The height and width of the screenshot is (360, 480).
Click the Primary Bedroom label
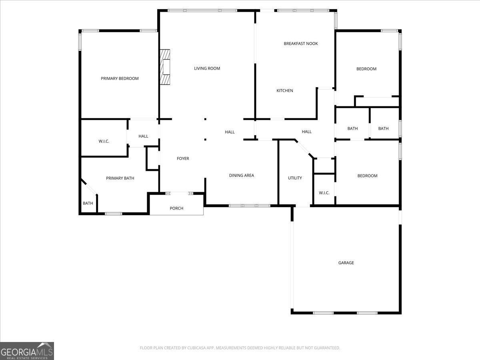click(x=120, y=78)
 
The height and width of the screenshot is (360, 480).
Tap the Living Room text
click(x=207, y=68)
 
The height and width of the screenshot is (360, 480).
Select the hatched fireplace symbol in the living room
click(x=165, y=67)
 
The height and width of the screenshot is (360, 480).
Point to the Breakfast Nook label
click(x=301, y=44)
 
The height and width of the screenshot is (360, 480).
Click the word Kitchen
click(x=285, y=91)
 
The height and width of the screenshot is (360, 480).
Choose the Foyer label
click(x=183, y=159)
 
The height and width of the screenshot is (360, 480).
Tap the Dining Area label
click(x=241, y=176)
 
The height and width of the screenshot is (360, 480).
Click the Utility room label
click(x=295, y=178)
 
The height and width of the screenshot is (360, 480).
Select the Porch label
click(x=176, y=208)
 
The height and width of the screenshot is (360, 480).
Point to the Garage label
click(x=346, y=263)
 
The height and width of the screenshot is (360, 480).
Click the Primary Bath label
click(x=120, y=178)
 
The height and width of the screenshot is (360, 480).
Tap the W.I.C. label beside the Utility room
click(x=324, y=193)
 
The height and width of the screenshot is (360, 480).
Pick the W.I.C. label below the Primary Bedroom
click(x=104, y=142)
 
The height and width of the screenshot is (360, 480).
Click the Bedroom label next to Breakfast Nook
click(x=366, y=69)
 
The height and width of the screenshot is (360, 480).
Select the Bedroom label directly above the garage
click(x=367, y=176)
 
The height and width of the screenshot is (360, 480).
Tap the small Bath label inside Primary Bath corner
click(x=88, y=204)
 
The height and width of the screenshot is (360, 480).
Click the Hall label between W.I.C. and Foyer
click(x=143, y=136)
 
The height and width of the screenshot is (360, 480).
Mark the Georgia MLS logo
click(x=27, y=351)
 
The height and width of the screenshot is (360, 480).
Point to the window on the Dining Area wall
click(x=250, y=206)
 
